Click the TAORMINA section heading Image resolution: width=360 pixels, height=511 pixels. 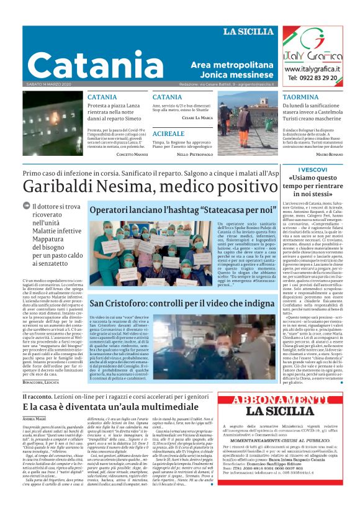tap(300, 97)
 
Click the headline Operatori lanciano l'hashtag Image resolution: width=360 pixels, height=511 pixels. tap(173, 211)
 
